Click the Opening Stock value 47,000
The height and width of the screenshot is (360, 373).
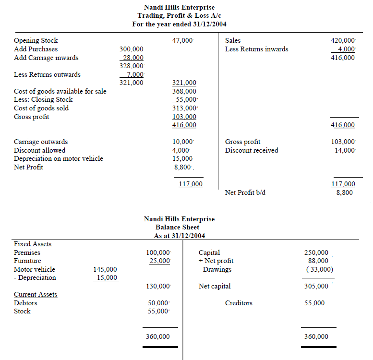[182, 41]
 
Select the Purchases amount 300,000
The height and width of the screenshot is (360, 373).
[131, 49]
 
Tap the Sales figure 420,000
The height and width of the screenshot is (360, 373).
[343, 41]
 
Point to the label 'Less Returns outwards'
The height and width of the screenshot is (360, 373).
[47, 74]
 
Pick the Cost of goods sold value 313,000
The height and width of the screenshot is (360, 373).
[184, 108]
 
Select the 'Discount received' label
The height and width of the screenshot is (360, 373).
[252, 150]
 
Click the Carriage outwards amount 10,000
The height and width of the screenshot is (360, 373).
[182, 142]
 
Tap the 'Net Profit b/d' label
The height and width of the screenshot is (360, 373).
[245, 192]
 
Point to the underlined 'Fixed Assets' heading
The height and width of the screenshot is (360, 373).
[33, 244]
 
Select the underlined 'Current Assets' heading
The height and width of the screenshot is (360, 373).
[36, 294]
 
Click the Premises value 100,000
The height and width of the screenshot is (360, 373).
[158, 252]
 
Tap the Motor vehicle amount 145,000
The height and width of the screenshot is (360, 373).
[105, 269]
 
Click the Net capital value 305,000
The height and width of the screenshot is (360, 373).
[316, 286]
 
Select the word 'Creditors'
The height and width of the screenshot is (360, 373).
[239, 303]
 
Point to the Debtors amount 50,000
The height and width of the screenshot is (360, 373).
[158, 303]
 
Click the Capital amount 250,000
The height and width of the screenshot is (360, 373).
[316, 252]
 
